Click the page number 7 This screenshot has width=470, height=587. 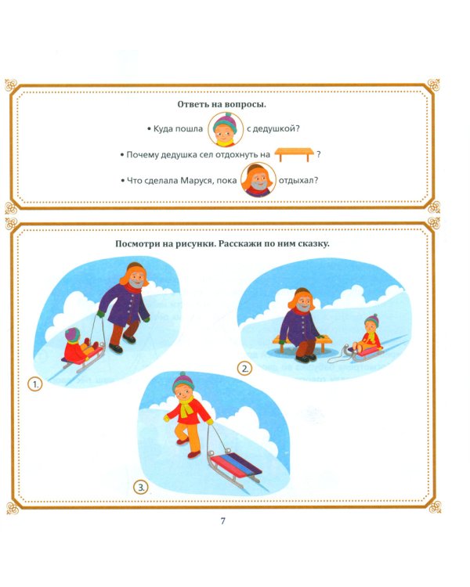(x=223, y=522)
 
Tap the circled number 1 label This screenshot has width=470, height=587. (x=34, y=384)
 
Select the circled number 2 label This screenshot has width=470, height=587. (x=245, y=369)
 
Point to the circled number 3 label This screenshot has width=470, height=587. (x=143, y=488)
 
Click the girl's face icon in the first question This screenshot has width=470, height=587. (x=225, y=128)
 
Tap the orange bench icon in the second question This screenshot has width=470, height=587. (x=295, y=154)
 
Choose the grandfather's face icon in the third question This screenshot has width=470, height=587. (x=256, y=180)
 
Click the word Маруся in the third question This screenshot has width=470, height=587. (x=201, y=181)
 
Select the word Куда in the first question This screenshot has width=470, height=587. (x=165, y=128)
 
